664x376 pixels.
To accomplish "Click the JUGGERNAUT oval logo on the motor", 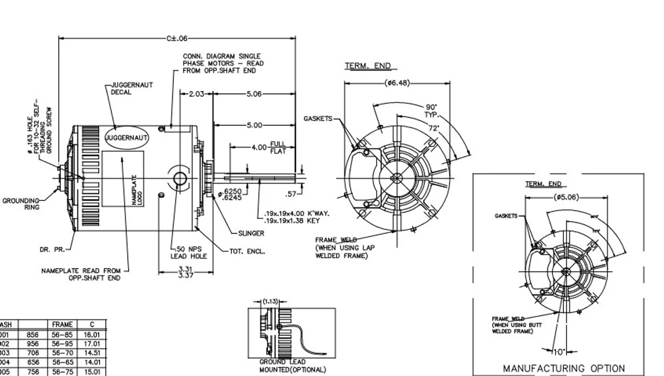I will [127, 138].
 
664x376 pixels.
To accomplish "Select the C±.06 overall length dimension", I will [177, 38].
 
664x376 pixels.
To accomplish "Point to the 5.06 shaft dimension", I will [254, 94].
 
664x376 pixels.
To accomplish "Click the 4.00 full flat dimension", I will [259, 147].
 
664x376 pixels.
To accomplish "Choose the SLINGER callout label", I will [251, 234].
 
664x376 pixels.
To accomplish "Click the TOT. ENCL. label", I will [247, 251].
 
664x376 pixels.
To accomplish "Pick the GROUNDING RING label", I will [21, 204].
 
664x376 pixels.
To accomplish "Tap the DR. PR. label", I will [52, 250].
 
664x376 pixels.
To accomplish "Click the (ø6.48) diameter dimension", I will [397, 83].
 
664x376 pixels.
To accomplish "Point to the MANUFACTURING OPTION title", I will [564, 368].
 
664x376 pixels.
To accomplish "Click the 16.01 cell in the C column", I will [91, 335].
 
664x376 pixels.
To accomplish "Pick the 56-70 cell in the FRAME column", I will [62, 352].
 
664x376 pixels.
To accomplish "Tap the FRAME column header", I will [62, 325].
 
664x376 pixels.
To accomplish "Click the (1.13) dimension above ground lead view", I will [270, 301].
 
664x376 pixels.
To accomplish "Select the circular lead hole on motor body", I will [179, 179].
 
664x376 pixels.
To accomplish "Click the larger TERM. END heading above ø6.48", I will [368, 66].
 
